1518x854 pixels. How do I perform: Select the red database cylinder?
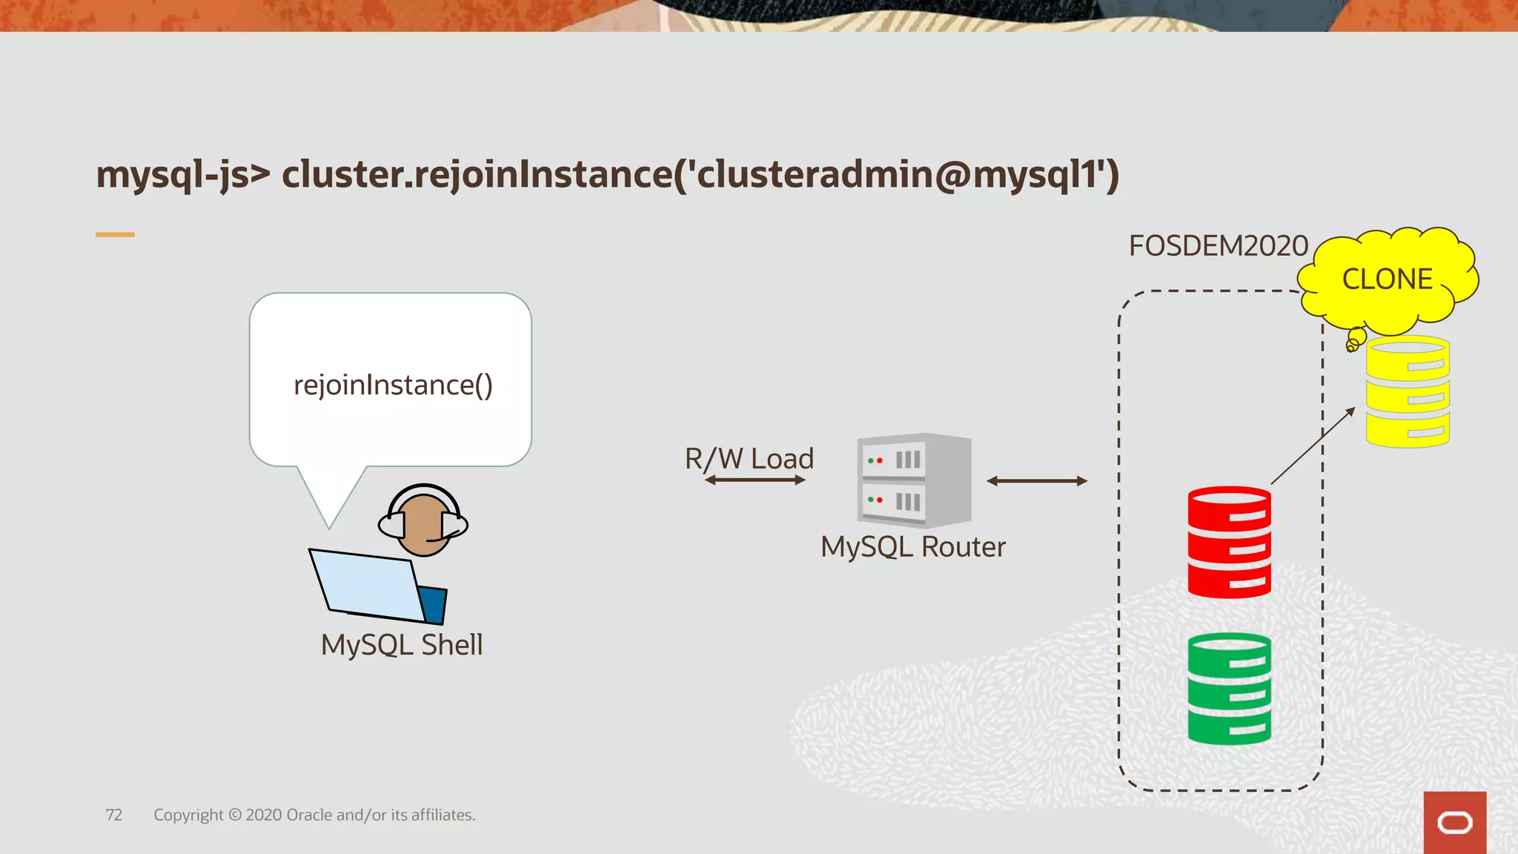(1229, 542)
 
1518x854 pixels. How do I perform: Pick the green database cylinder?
(1229, 689)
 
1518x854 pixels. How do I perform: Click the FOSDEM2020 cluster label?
(1218, 246)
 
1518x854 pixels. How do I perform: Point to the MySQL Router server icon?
(913, 480)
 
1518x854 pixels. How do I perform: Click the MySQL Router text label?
(912, 547)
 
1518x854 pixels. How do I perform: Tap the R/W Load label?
(749, 458)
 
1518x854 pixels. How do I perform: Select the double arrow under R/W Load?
(755, 480)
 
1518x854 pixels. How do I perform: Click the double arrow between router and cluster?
(1036, 481)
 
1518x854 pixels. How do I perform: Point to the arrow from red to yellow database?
(1313, 446)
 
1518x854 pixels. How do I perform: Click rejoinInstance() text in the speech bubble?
(393, 385)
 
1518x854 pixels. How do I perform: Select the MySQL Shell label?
(401, 645)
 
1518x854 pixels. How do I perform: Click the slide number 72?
(113, 815)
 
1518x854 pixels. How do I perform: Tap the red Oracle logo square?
(1454, 822)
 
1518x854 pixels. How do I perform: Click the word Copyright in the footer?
(188, 815)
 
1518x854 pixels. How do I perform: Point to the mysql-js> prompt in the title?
(183, 175)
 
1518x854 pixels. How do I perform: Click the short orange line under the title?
(115, 234)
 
